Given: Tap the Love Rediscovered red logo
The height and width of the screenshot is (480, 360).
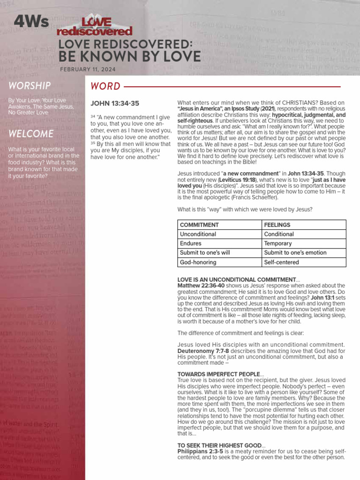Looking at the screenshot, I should [x=94, y=26].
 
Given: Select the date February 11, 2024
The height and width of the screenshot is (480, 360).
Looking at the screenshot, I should [x=88, y=69].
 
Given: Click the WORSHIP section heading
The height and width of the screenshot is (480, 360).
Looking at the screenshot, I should [x=30, y=86].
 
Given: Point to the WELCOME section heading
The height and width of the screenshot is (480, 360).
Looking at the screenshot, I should [x=31, y=134].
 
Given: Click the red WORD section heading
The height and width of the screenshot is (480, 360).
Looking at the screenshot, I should [x=105, y=86].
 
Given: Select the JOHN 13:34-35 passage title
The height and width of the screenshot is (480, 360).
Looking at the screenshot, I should [x=115, y=103].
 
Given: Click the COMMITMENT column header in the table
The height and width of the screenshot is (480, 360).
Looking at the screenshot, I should [x=199, y=225].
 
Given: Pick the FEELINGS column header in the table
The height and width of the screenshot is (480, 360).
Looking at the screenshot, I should [x=277, y=225].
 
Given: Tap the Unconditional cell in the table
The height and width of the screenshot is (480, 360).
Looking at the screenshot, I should [x=198, y=234].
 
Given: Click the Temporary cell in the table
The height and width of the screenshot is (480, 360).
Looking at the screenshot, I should [x=277, y=243].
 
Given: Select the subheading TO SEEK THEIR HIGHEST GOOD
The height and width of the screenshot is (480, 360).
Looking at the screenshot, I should [x=220, y=446].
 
